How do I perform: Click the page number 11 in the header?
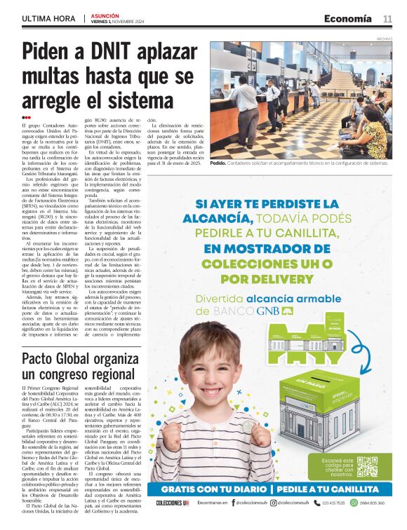pos(387,19)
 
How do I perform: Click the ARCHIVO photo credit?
pos(384,39)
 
